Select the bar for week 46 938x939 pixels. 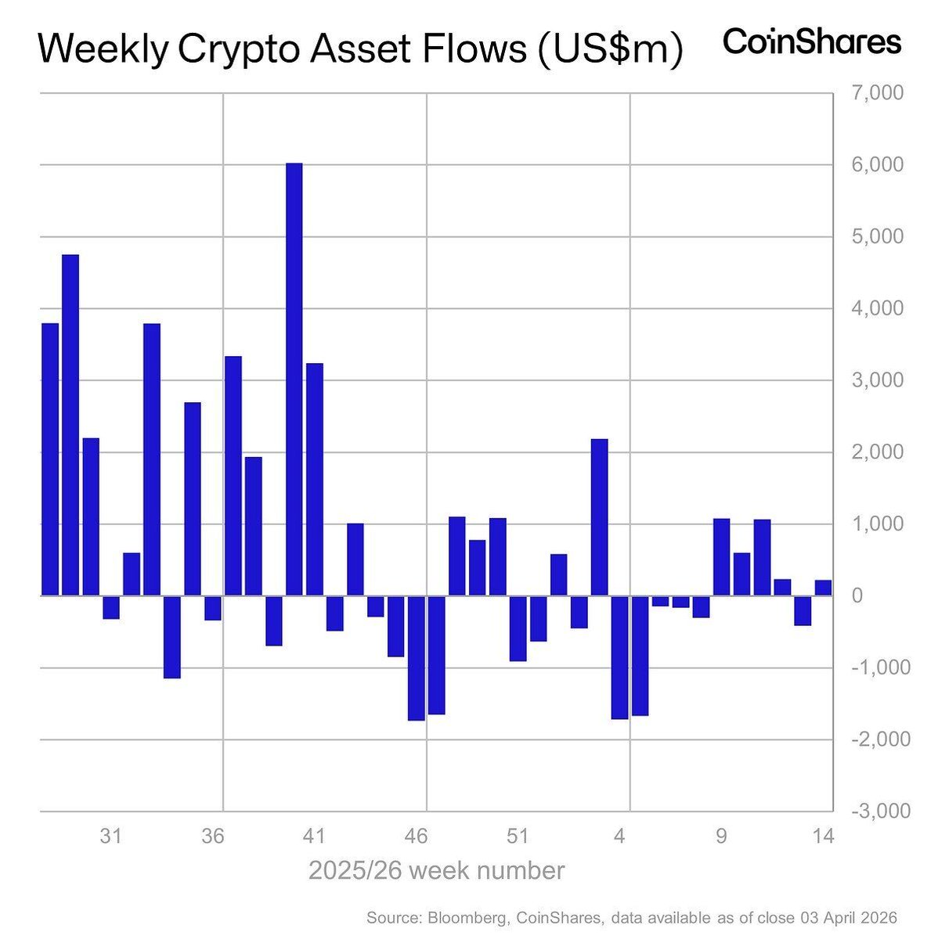coord(416,658)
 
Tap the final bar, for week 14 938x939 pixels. coord(823,588)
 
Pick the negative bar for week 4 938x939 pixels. coord(619,657)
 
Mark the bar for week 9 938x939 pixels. coord(721,557)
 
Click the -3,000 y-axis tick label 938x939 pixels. coord(880,811)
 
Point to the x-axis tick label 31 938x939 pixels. coord(110,836)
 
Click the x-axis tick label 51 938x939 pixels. coord(518,836)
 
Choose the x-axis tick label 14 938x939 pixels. coord(823,836)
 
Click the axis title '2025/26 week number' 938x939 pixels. coord(436,871)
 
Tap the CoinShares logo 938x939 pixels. coord(811,42)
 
